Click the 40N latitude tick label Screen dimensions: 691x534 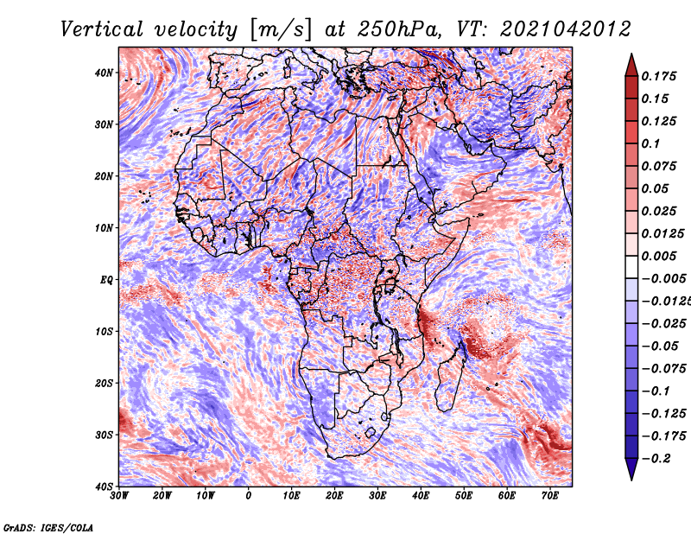click(x=104, y=73)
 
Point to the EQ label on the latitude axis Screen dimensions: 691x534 click(x=106, y=280)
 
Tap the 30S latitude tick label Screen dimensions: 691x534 click(x=104, y=435)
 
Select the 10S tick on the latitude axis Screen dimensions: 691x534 click(x=104, y=332)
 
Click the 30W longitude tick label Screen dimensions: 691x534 click(x=119, y=496)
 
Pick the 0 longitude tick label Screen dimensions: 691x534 click(x=249, y=496)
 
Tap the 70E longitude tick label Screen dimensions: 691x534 click(x=550, y=496)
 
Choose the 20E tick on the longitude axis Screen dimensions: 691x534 click(x=334, y=496)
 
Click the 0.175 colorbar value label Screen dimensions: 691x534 click(x=659, y=77)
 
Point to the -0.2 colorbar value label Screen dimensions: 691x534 click(x=656, y=459)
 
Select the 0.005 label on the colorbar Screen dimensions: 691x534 click(x=659, y=256)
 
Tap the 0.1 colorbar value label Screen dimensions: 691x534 click(x=651, y=143)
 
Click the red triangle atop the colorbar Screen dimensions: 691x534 click(x=631, y=66)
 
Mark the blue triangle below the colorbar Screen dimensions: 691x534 click(x=631, y=468)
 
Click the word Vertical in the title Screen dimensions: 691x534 click(x=102, y=29)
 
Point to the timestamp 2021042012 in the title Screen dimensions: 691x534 click(x=566, y=29)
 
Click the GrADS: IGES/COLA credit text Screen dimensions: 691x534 click(x=48, y=527)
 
